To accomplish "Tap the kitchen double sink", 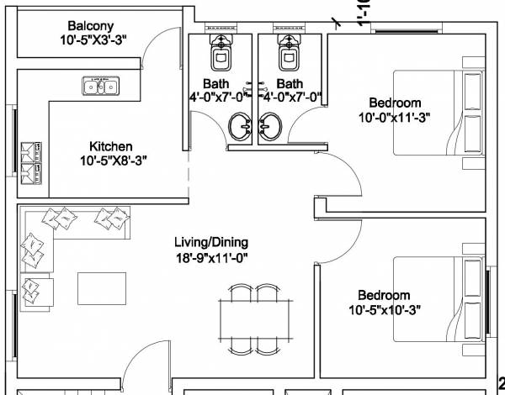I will pos(101,86).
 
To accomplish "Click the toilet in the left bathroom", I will pos(222,55).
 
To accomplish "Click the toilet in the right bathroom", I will pos(290,55).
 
